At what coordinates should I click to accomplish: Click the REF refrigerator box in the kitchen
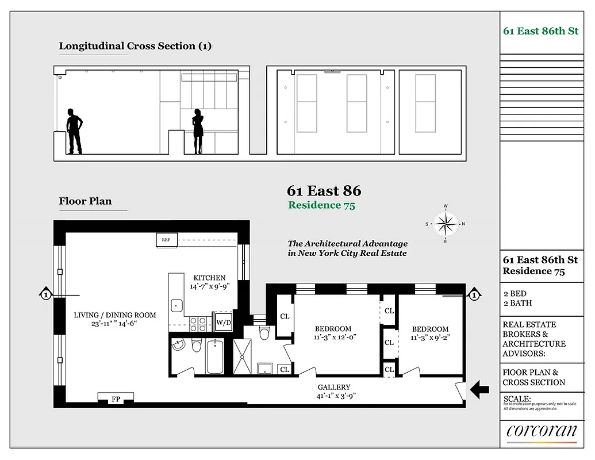point(166,240)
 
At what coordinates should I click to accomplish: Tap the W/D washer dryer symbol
point(223,322)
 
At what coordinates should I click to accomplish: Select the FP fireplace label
point(116,398)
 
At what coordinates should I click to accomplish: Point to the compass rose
point(446,223)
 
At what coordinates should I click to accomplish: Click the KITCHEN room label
point(209,278)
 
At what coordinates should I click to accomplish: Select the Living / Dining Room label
point(114,315)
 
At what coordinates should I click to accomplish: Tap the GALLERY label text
point(334,387)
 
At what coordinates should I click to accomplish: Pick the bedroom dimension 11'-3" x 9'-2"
point(430,338)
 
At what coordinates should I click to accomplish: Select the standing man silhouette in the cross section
point(74,131)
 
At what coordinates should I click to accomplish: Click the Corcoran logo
point(542,431)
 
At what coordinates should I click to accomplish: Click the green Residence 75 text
point(321,205)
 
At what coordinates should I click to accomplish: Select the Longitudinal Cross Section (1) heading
point(135,46)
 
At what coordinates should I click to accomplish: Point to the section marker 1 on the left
point(45,296)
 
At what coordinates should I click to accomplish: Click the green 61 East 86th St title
point(540,31)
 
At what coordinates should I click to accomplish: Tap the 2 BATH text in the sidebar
point(517,303)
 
